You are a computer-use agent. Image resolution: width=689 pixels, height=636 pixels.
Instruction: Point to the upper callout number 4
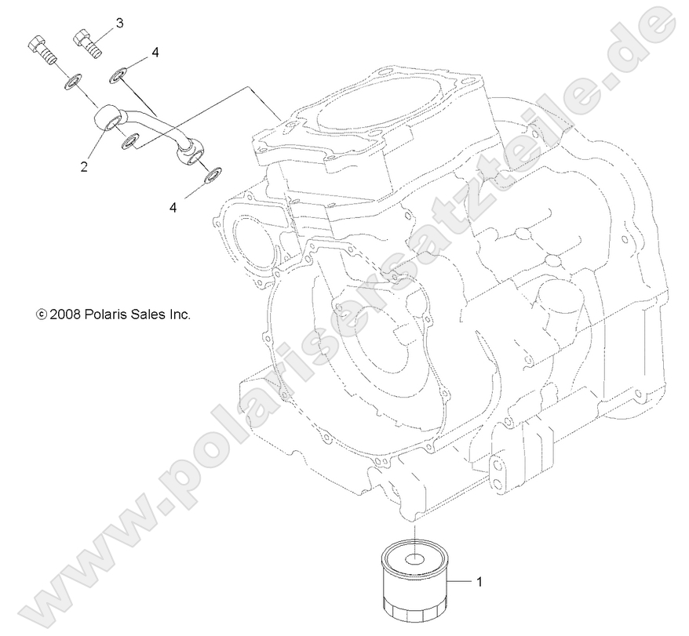[155, 53]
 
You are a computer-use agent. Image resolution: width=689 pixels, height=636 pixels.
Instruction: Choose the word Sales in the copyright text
[151, 314]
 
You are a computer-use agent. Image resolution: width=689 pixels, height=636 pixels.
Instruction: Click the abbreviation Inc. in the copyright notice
[181, 314]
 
